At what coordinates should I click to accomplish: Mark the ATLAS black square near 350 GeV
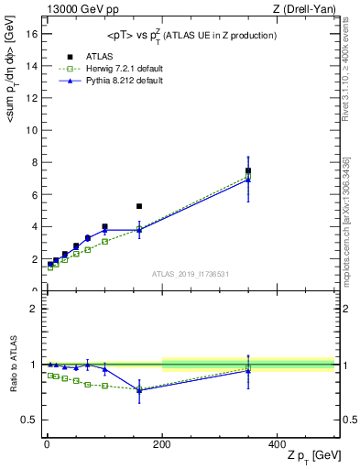coord(248,170)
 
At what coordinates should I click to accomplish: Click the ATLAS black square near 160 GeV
coord(139,206)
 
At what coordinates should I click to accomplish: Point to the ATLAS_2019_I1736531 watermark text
coord(189,274)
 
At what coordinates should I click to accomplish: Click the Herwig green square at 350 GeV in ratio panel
coord(248,367)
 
